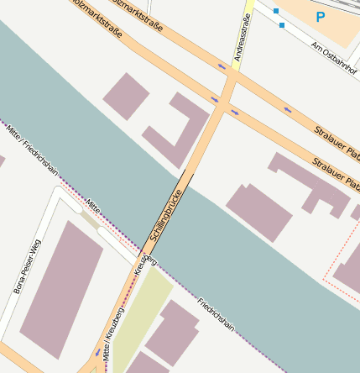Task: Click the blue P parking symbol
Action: coord(320,16)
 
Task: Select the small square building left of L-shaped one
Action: coord(126,95)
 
